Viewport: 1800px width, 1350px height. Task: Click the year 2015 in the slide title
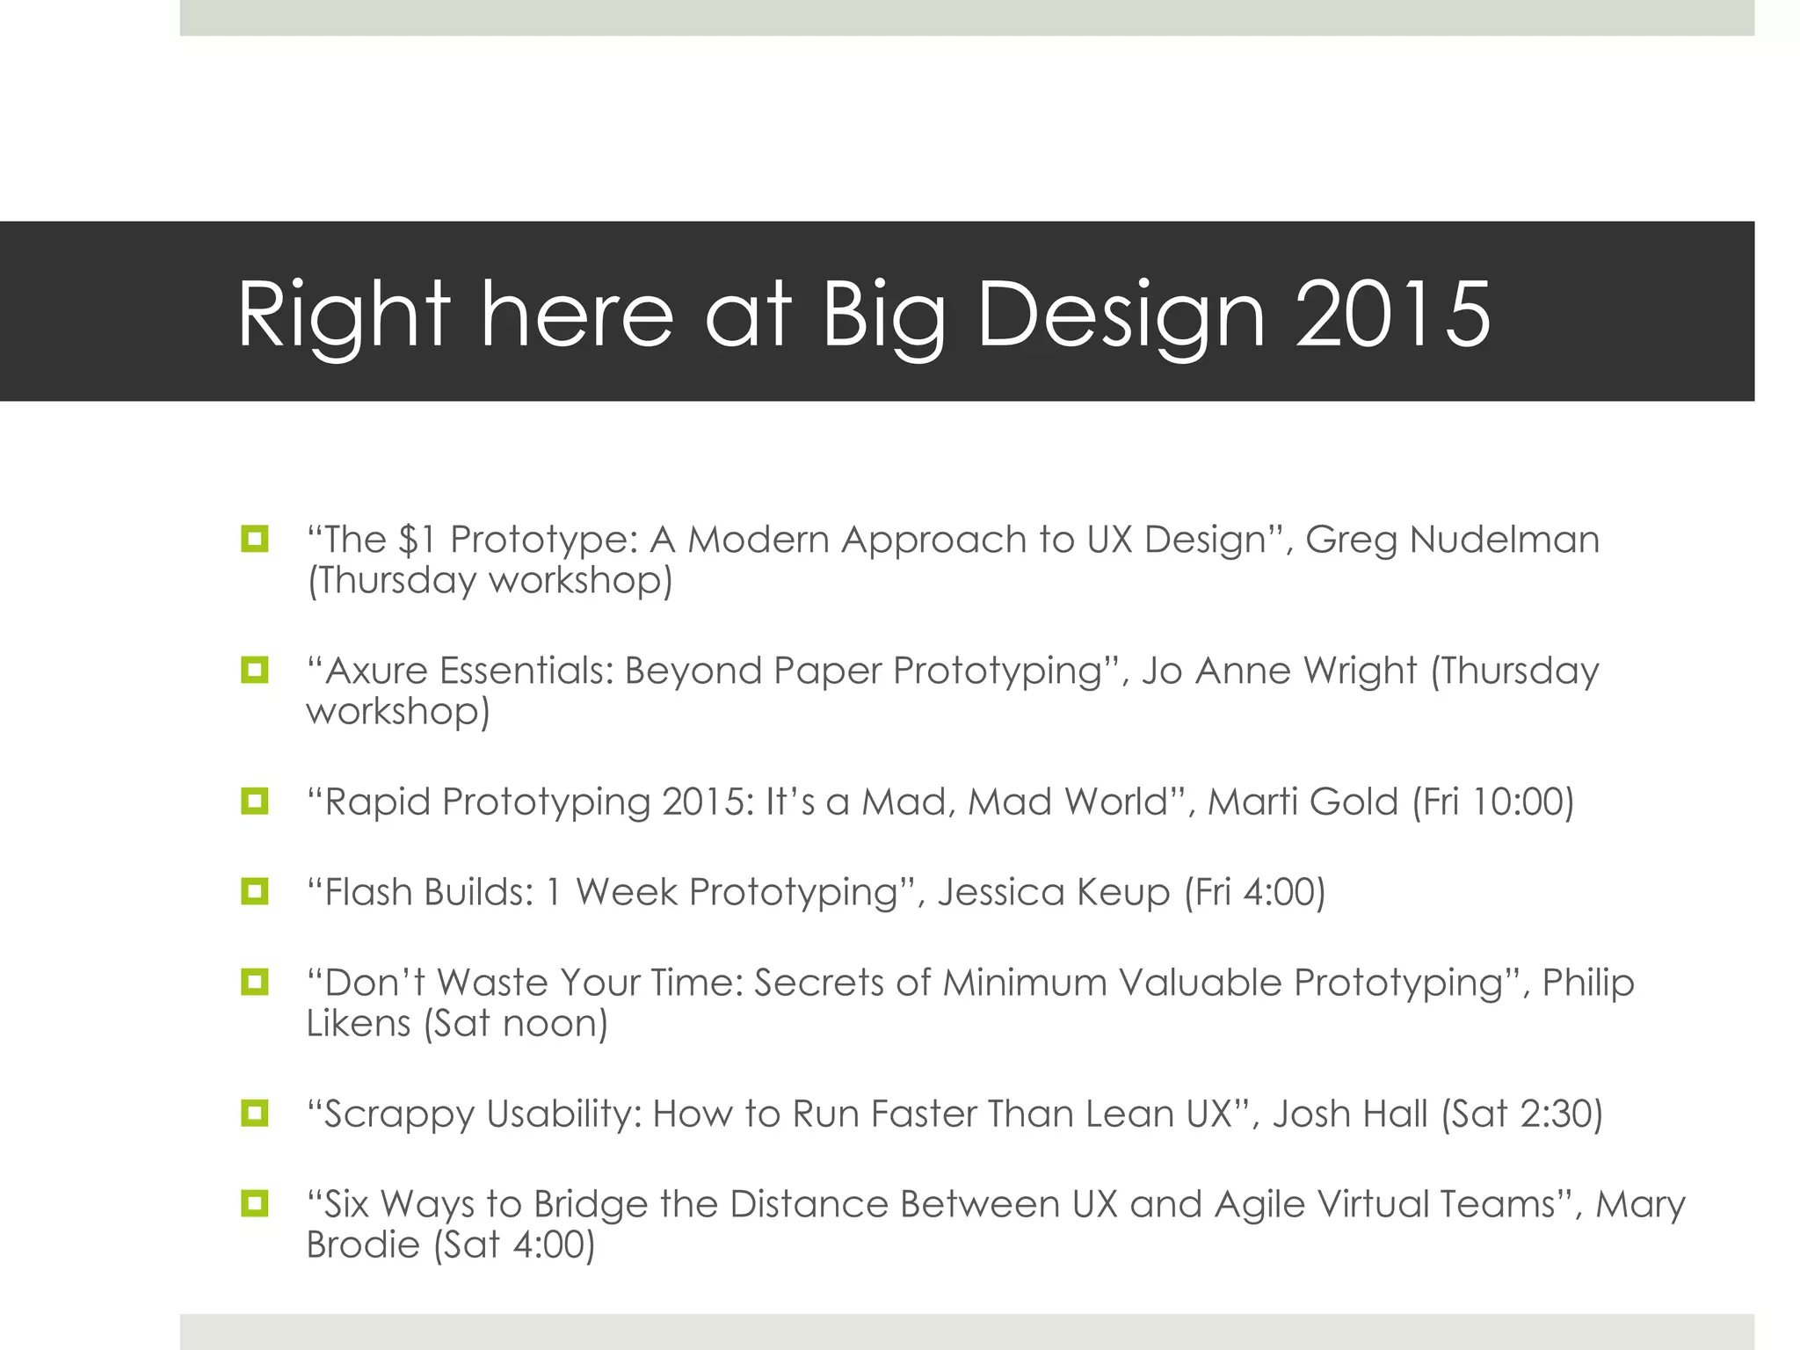point(1392,314)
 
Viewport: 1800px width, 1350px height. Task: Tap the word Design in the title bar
point(1121,314)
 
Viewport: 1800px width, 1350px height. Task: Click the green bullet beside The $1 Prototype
point(254,538)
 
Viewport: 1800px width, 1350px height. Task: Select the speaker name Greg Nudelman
point(1452,539)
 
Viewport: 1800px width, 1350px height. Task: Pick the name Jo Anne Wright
point(1279,671)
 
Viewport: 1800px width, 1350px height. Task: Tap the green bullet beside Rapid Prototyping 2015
point(254,801)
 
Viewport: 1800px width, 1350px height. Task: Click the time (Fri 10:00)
point(1492,802)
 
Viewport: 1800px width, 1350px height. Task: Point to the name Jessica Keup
point(1053,891)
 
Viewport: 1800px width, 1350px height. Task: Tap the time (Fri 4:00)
point(1254,891)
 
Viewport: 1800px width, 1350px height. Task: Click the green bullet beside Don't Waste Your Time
point(254,981)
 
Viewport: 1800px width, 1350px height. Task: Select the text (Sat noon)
point(515,1023)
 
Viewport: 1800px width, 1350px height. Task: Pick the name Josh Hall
point(1349,1114)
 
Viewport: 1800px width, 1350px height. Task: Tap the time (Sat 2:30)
point(1521,1114)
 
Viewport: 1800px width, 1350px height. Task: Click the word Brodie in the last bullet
point(363,1245)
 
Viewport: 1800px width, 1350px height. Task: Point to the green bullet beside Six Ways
point(254,1202)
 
